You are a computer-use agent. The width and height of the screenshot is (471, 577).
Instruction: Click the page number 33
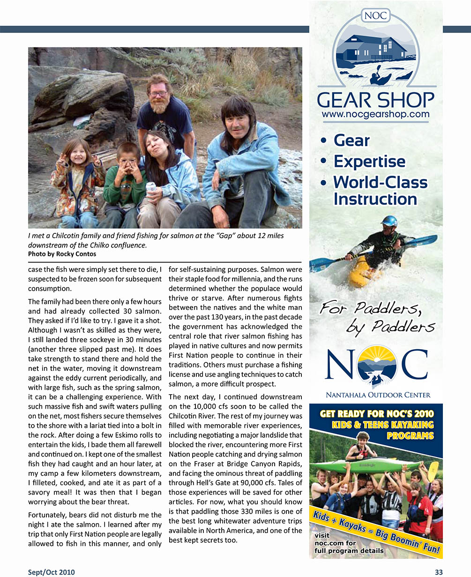[x=438, y=571]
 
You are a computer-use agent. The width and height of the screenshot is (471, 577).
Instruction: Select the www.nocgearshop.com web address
[x=375, y=114]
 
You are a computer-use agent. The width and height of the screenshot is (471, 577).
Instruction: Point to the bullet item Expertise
[x=369, y=161]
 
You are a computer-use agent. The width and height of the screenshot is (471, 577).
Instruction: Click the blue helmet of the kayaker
[x=389, y=221]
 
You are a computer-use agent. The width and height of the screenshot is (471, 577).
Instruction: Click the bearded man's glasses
[x=159, y=94]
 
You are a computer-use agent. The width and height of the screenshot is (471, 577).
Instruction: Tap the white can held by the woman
[x=151, y=187]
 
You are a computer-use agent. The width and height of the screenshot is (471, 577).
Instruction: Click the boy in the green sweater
[x=125, y=183]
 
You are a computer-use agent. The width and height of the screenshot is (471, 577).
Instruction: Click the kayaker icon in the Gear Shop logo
[x=380, y=77]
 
